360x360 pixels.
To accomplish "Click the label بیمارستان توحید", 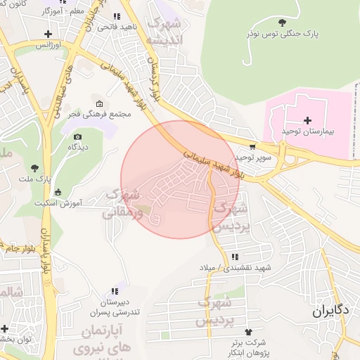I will pos(307,131).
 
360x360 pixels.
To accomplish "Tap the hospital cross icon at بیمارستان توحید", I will pos(307,120).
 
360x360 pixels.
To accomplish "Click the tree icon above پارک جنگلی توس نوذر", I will pos(283,22).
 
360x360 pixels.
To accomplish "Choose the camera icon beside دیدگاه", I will pos(77,136).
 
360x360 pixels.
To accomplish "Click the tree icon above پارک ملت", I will pos(34,167).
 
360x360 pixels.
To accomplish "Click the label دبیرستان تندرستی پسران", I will pos(115,307).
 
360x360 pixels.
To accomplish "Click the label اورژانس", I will pos(49,44).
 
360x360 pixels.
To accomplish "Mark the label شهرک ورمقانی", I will pos(123,202).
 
